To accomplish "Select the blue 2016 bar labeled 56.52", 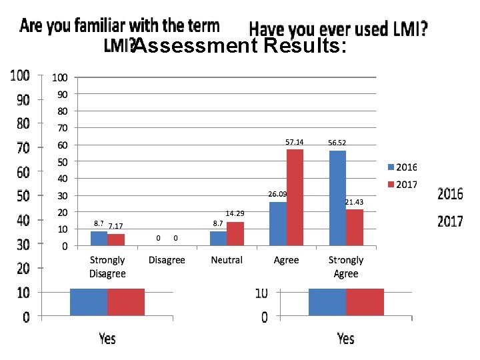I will click(x=337, y=198).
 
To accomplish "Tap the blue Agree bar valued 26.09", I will click(x=277, y=224).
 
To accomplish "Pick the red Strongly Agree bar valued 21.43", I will click(x=355, y=228).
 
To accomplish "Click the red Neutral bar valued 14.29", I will click(x=235, y=234).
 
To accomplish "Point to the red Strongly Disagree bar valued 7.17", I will click(x=116, y=240).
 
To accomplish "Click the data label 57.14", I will click(x=294, y=142).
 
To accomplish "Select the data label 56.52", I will click(x=337, y=143).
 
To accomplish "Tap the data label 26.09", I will click(x=277, y=194).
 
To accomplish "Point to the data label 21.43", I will click(x=354, y=202).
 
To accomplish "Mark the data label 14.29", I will click(x=235, y=213).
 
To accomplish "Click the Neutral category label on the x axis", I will click(x=227, y=260).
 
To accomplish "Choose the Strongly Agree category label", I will click(x=346, y=267).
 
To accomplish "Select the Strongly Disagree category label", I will click(x=107, y=267).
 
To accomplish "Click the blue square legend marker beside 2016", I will click(x=391, y=167).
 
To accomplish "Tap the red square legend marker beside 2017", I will click(x=391, y=184).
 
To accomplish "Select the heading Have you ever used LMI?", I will click(x=338, y=29).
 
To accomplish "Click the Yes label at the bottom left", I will click(x=107, y=339).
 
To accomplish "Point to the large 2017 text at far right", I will click(x=450, y=221).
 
